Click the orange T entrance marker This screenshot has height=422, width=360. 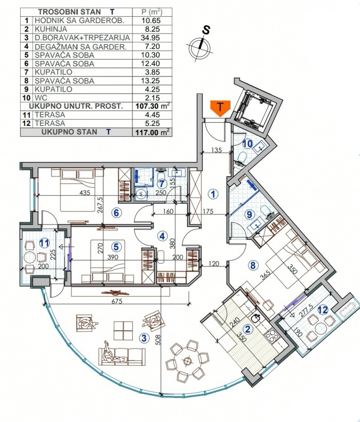tap(220, 108)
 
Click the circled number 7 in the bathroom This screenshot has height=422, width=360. tap(161, 184)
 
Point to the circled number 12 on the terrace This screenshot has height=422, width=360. tap(323, 310)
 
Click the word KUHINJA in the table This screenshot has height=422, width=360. tap(51, 29)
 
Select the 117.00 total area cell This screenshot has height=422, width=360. tap(153, 132)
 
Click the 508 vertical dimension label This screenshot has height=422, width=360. tap(158, 339)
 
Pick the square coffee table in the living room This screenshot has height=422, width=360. tap(123, 330)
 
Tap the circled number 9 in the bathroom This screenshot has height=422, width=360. tap(249, 215)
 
